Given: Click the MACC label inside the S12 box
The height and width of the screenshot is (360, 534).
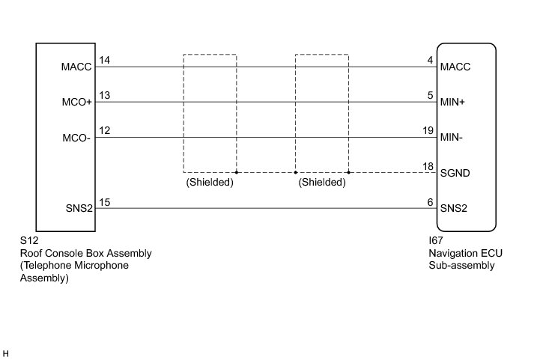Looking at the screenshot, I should [x=76, y=67].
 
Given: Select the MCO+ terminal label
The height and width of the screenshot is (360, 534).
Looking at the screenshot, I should [x=76, y=103].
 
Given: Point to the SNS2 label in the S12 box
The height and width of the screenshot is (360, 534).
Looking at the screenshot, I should [x=78, y=208].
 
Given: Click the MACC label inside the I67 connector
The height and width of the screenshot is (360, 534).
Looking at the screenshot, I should [x=456, y=67].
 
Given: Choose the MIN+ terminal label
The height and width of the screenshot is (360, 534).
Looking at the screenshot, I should [x=455, y=103].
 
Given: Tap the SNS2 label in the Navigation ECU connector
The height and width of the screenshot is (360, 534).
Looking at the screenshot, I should [x=455, y=208].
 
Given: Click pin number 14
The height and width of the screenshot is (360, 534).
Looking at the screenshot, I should [x=105, y=61].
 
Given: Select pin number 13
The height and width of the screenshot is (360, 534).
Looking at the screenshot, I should [x=105, y=96].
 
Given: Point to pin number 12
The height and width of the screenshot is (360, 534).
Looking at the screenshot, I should [x=105, y=131].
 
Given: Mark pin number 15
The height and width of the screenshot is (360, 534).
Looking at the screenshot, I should [x=105, y=201].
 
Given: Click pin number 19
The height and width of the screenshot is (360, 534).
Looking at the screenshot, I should [x=428, y=131].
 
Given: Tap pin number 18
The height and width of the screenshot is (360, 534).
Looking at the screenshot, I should [x=428, y=166].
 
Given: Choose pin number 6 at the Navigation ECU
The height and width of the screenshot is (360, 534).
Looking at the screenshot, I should [x=431, y=201].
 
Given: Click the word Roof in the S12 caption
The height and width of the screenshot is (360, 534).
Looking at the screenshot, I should [x=31, y=254].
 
